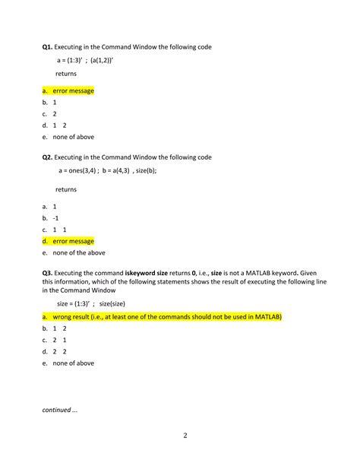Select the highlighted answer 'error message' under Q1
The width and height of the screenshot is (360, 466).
pyautogui.click(x=74, y=90)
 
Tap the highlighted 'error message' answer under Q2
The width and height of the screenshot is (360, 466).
pyautogui.click(x=74, y=241)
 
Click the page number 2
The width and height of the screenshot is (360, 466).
pyautogui.click(x=185, y=436)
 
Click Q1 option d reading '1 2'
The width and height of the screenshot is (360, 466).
pyautogui.click(x=60, y=125)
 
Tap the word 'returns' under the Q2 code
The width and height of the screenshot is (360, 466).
pyautogui.click(x=66, y=189)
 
